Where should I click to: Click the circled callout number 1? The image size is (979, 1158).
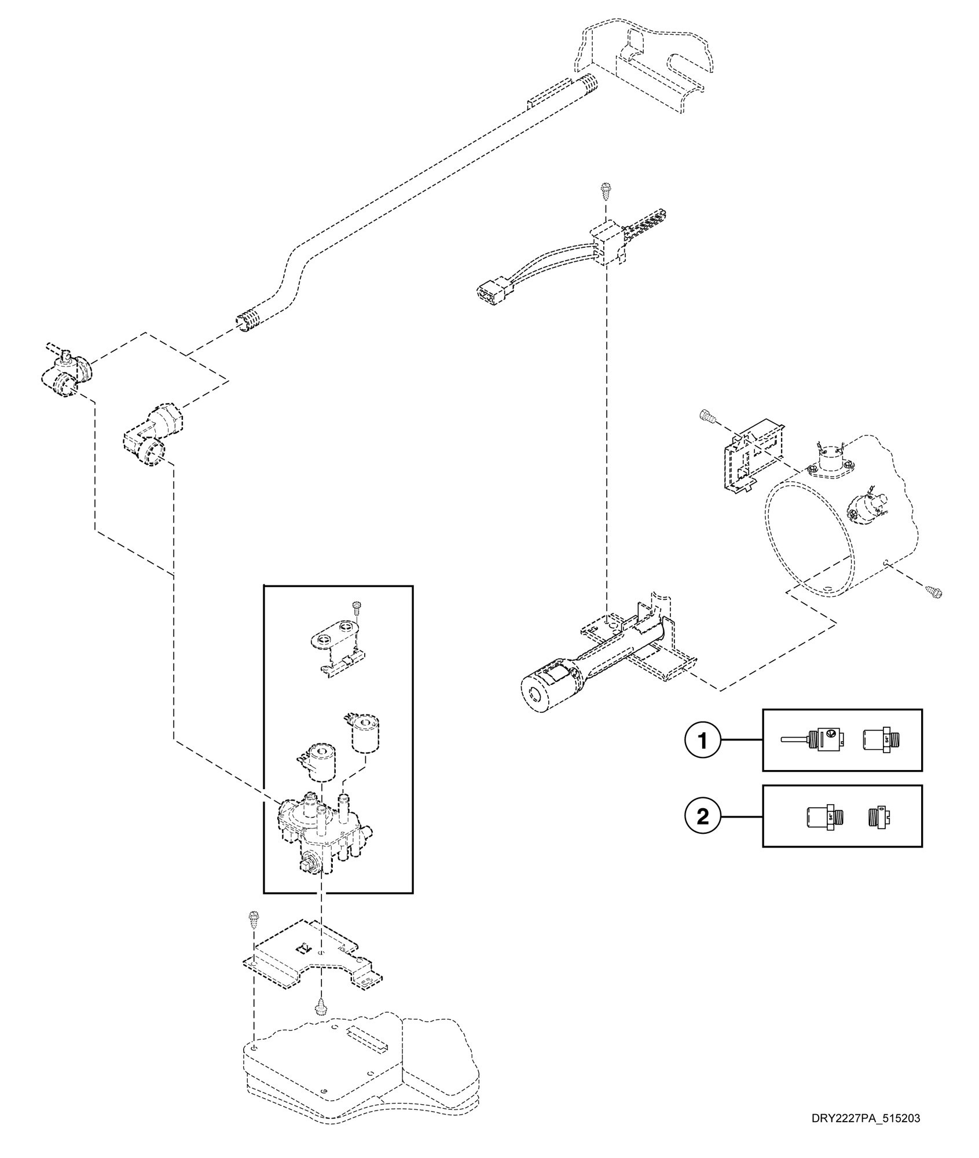(703, 741)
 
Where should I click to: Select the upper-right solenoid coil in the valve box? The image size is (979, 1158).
(365, 732)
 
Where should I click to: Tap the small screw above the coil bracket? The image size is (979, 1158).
(355, 607)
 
